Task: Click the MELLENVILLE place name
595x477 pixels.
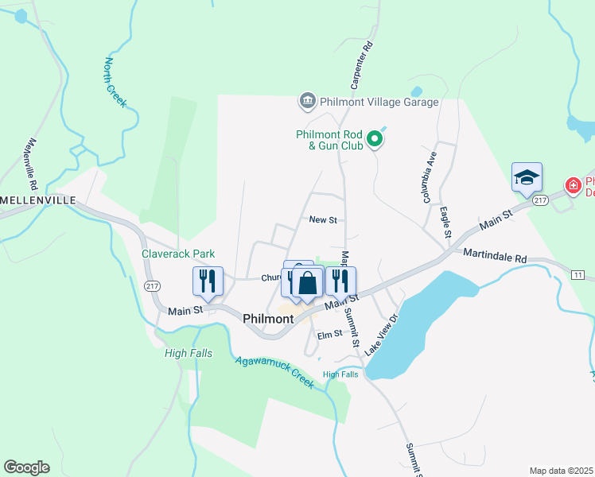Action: point(38,200)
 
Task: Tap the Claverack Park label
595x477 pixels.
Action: point(178,254)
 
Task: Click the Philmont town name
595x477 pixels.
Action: point(268,318)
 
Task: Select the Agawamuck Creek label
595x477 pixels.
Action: point(274,371)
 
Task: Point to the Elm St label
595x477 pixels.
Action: point(329,335)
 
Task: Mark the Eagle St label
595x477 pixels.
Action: point(445,223)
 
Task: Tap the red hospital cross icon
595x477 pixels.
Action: point(573,186)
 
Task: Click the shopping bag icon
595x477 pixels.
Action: point(307,284)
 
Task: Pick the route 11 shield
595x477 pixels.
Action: point(577,274)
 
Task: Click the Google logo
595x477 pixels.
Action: point(26,467)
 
